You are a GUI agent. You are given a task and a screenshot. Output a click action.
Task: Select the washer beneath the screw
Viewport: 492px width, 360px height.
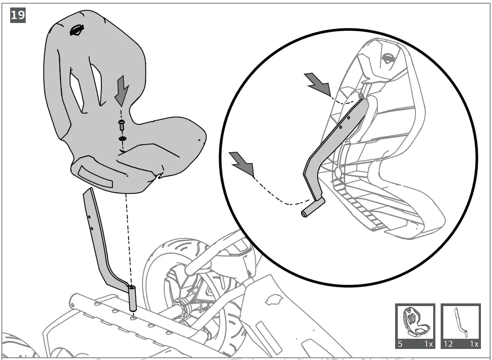tap(122, 139)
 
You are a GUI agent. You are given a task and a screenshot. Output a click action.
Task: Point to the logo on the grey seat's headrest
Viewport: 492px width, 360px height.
tap(77, 31)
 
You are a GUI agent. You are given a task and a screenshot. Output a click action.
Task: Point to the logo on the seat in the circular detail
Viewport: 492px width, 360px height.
tap(388, 58)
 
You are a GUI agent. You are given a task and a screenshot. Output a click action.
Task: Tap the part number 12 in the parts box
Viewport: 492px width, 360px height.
tap(448, 344)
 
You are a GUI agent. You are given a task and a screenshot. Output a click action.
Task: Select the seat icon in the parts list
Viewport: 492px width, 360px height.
tap(415, 322)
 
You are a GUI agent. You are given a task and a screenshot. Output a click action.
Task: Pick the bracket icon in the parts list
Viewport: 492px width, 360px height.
tap(461, 322)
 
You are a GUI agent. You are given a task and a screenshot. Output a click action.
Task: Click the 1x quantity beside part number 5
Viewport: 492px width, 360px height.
tap(427, 344)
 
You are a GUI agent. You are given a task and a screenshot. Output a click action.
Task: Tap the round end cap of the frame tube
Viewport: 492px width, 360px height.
tap(73, 305)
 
